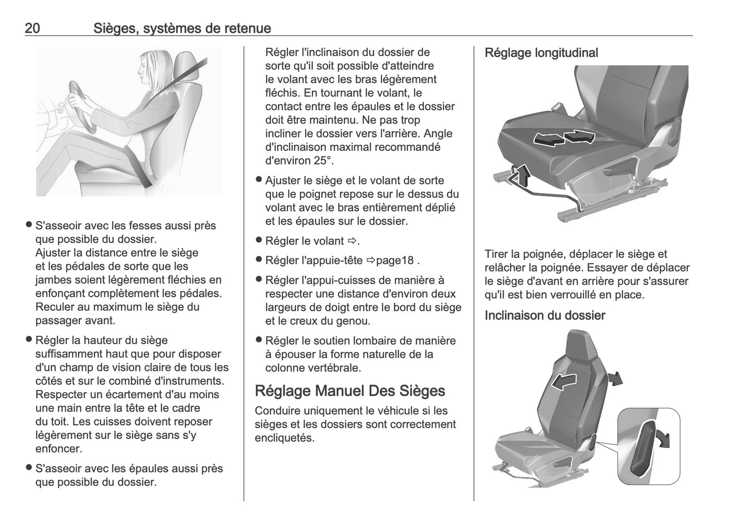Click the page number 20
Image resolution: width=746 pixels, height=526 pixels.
coord(33,28)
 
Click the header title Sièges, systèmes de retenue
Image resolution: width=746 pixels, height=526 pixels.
coord(182,28)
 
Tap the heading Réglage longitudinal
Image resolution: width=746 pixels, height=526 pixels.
coord(541,53)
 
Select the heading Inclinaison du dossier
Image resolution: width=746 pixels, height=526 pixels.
coord(545,315)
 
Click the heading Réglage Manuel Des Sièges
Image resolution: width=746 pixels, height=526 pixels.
coord(350,391)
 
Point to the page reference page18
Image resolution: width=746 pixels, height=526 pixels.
coord(394,260)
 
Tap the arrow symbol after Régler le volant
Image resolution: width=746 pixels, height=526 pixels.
coord(352,241)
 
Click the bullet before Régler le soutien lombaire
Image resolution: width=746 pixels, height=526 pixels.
coord(259,341)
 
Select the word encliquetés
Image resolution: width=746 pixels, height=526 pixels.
coord(284,438)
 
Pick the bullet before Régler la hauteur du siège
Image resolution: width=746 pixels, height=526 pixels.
coord(29,340)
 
